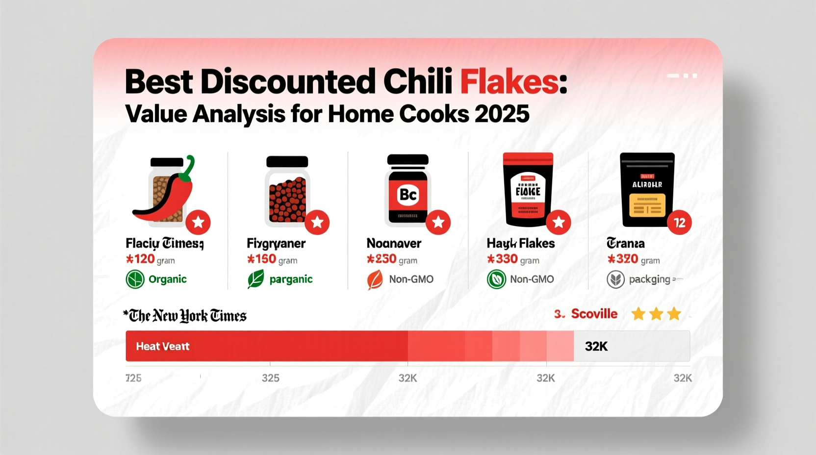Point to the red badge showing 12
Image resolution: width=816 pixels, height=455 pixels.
pyautogui.click(x=679, y=223)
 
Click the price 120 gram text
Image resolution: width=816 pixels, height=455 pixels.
pyautogui.click(x=150, y=259)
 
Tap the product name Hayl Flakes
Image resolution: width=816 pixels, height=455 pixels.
pyautogui.click(x=520, y=243)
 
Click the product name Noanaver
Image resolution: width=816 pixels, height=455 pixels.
pyautogui.click(x=394, y=243)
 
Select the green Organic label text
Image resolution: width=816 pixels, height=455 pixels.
pyautogui.click(x=167, y=279)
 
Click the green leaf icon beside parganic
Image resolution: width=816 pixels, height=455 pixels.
pyautogui.click(x=255, y=279)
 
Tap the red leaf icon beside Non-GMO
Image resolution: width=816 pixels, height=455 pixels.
pyautogui.click(x=375, y=280)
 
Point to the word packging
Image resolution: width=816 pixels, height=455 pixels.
pyautogui.click(x=649, y=279)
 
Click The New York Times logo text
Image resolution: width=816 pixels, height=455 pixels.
pyautogui.click(x=187, y=316)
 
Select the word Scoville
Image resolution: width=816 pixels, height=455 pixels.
pyautogui.click(x=594, y=314)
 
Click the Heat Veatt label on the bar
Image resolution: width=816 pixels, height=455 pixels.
pyautogui.click(x=162, y=346)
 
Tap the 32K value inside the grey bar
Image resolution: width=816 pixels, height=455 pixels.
pyautogui.click(x=596, y=346)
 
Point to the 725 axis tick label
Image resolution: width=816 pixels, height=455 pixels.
pyautogui.click(x=133, y=378)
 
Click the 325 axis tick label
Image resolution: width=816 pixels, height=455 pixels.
pyautogui.click(x=270, y=378)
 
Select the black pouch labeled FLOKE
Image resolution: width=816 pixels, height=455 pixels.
pyautogui.click(x=528, y=191)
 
